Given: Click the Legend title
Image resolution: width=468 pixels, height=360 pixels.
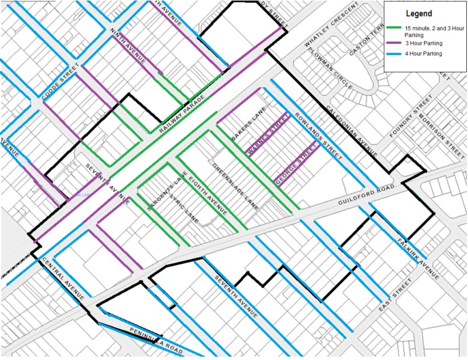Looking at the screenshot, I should (x=418, y=14).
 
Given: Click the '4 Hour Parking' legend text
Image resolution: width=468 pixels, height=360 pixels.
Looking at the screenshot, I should (x=424, y=54).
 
